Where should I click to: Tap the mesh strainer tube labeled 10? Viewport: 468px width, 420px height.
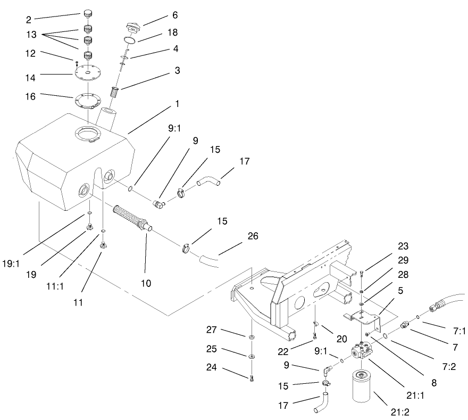click(132, 218)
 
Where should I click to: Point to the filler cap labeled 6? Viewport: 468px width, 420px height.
click(132, 27)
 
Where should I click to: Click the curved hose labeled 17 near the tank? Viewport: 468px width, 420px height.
click(207, 183)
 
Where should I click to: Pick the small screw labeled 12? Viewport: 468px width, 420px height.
click(78, 63)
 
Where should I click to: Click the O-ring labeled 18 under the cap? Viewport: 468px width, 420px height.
click(129, 40)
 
